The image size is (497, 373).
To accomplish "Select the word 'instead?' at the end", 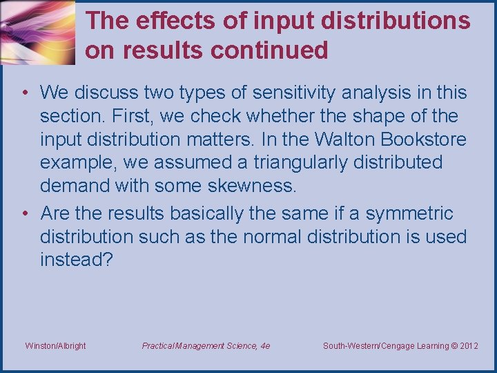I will (x=76, y=260).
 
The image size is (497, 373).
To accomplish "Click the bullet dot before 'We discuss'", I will (x=25, y=93).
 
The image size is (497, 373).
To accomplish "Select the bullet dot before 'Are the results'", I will (x=25, y=213).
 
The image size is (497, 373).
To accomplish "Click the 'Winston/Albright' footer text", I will (x=55, y=345).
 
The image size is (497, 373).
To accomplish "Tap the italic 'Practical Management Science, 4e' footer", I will (x=206, y=345).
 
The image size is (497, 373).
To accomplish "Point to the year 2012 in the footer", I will (x=468, y=345).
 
